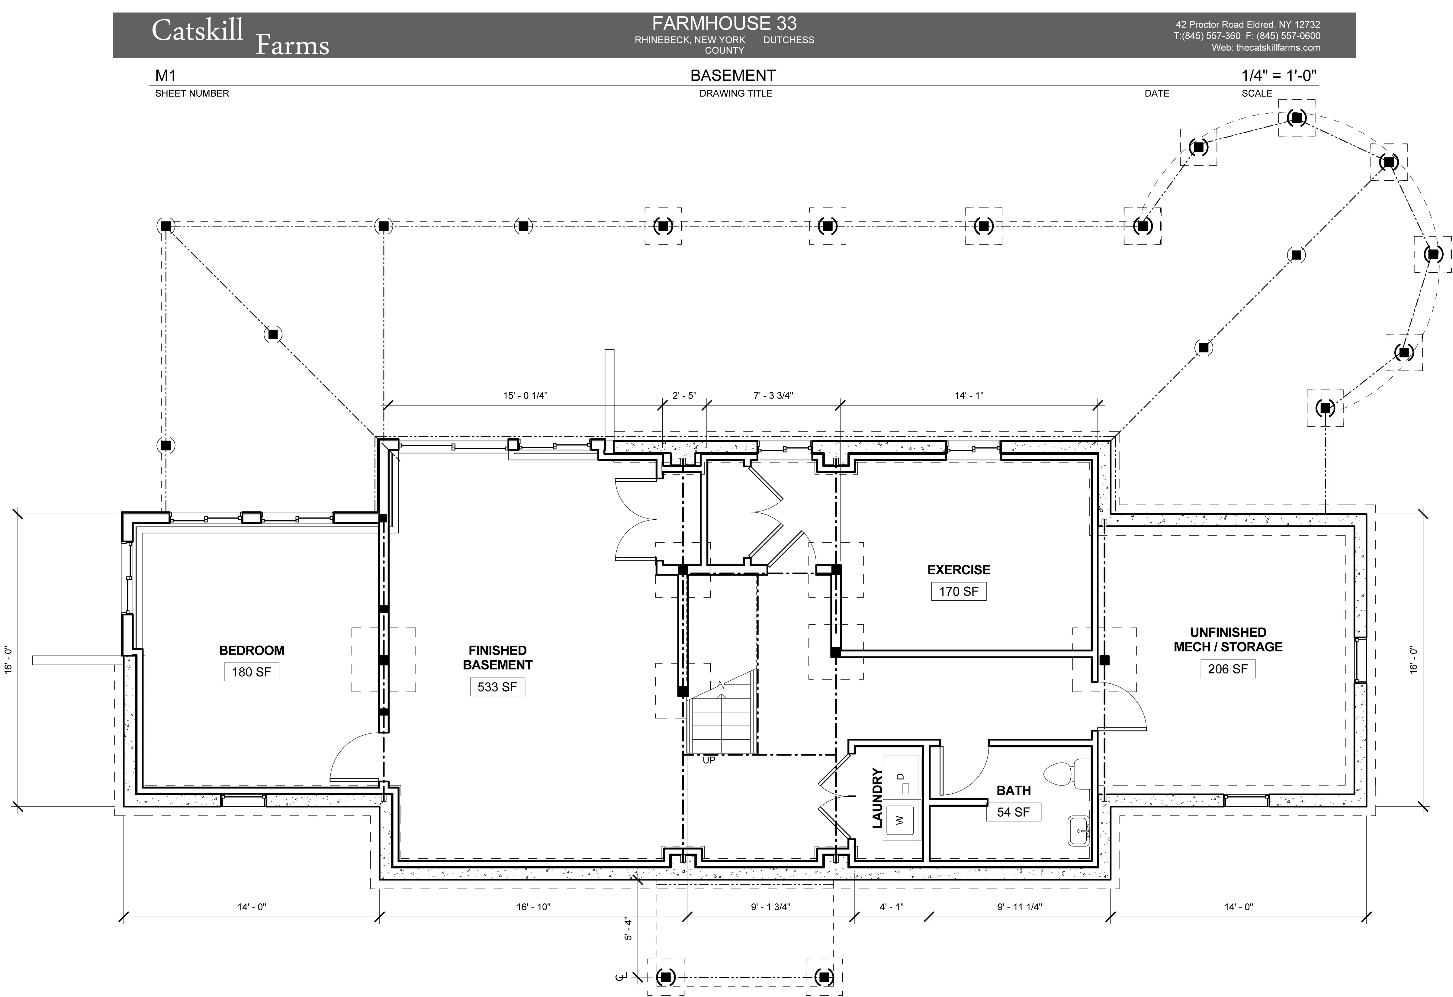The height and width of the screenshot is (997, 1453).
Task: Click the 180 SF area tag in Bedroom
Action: coord(251,672)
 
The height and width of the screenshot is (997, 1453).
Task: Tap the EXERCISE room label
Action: coord(959,570)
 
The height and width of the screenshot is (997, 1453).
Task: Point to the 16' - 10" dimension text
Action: coord(533,906)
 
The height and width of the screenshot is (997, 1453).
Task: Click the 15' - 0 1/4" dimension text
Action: coord(525,395)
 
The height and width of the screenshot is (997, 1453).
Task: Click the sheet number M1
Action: coord(166,76)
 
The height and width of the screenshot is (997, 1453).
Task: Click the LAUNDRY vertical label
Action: coord(877,798)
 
